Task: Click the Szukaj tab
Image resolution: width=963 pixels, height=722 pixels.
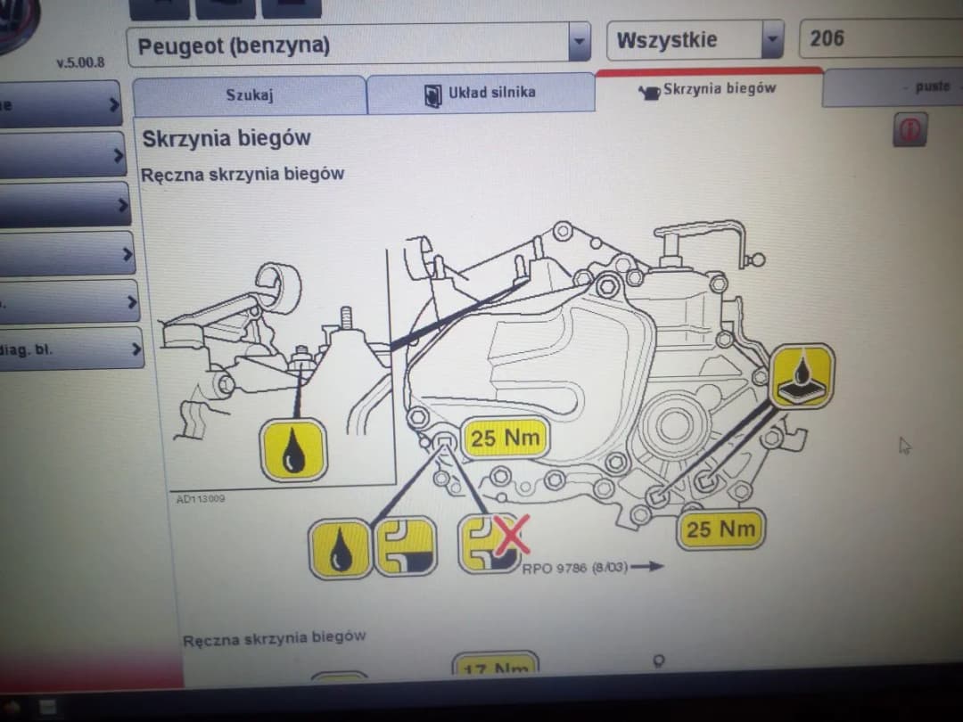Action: pyautogui.click(x=249, y=94)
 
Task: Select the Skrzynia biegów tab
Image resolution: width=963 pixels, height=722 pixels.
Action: pyautogui.click(x=708, y=88)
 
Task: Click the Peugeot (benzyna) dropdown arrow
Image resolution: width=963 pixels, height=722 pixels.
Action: pyautogui.click(x=580, y=42)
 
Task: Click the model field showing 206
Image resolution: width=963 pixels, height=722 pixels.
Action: pyautogui.click(x=878, y=38)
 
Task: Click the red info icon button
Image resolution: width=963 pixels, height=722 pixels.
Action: pyautogui.click(x=909, y=130)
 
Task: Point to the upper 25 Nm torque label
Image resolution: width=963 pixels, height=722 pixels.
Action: pyautogui.click(x=505, y=439)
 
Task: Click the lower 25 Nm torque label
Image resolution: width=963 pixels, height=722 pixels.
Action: pyautogui.click(x=720, y=529)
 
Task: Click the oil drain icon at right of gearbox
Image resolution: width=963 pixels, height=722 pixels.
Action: pyautogui.click(x=802, y=375)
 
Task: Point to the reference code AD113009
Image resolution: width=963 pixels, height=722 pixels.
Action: pyautogui.click(x=201, y=499)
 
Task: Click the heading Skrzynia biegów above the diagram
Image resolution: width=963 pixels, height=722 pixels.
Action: pyautogui.click(x=226, y=139)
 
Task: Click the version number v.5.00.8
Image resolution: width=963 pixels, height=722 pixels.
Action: pyautogui.click(x=79, y=64)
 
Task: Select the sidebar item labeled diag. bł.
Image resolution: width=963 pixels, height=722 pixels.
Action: pyautogui.click(x=62, y=349)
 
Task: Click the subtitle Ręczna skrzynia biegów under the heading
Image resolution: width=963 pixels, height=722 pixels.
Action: pyautogui.click(x=243, y=175)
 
